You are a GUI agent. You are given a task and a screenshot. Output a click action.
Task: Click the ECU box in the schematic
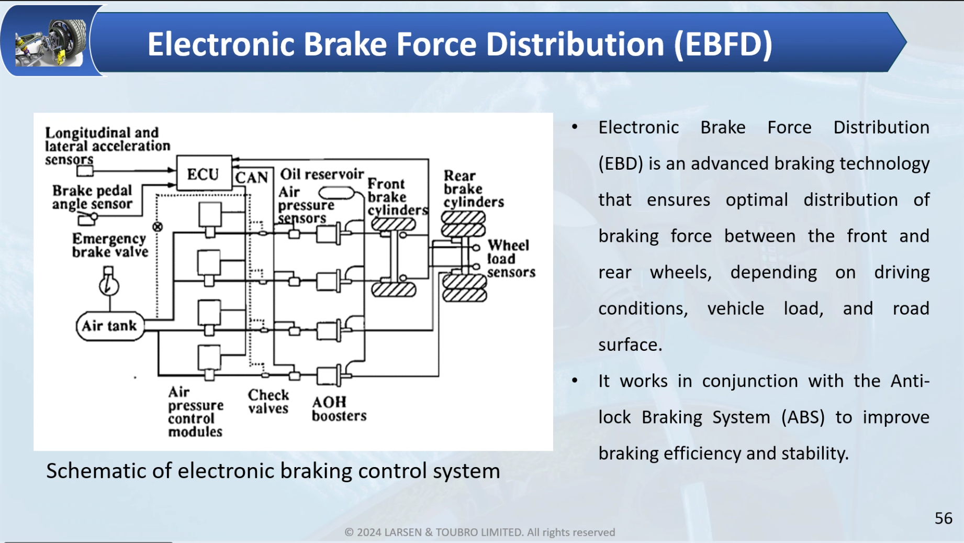[x=204, y=173]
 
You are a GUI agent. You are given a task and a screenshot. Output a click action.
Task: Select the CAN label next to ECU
[x=252, y=178]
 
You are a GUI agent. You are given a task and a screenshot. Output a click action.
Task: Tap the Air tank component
[x=109, y=326]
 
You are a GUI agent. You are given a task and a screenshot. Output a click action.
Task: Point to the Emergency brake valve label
[x=110, y=245]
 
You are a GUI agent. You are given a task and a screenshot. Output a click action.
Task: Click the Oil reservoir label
[x=322, y=174]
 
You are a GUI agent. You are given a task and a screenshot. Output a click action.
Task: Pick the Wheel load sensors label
[x=511, y=259]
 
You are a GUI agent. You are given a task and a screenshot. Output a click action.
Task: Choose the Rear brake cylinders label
[x=473, y=189]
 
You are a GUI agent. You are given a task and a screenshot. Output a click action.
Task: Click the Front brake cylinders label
[x=397, y=197]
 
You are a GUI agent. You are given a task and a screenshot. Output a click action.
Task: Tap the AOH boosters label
[x=339, y=409]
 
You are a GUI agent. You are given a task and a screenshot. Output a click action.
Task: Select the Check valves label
[x=268, y=402]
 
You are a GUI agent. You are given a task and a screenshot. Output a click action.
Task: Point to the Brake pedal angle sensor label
[x=92, y=197]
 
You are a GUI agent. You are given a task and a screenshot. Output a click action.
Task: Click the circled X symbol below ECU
[x=158, y=227]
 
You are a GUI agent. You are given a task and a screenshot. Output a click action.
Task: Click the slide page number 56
[x=943, y=518]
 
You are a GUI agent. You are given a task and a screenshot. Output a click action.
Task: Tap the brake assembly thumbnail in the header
[x=51, y=42]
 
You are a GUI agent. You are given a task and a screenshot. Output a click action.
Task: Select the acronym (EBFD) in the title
[x=723, y=44]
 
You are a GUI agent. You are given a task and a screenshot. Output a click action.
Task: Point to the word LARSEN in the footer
[x=402, y=533]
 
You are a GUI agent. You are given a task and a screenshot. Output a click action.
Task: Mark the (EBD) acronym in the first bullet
[x=621, y=163]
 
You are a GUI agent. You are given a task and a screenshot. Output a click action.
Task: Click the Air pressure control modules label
[x=195, y=412]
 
